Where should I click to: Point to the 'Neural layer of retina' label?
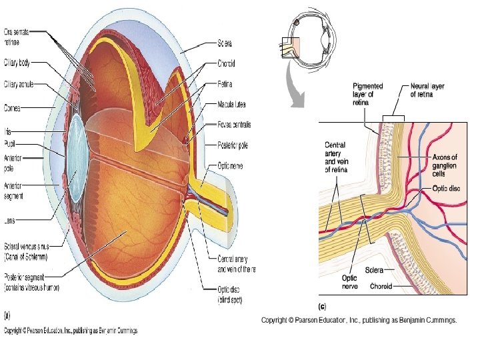427,90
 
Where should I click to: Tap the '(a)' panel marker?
7,314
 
